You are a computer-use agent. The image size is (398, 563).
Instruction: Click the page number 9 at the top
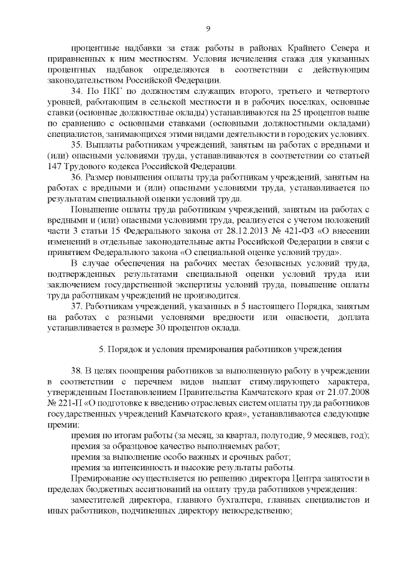208,28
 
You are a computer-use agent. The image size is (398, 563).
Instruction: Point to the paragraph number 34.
77,91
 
